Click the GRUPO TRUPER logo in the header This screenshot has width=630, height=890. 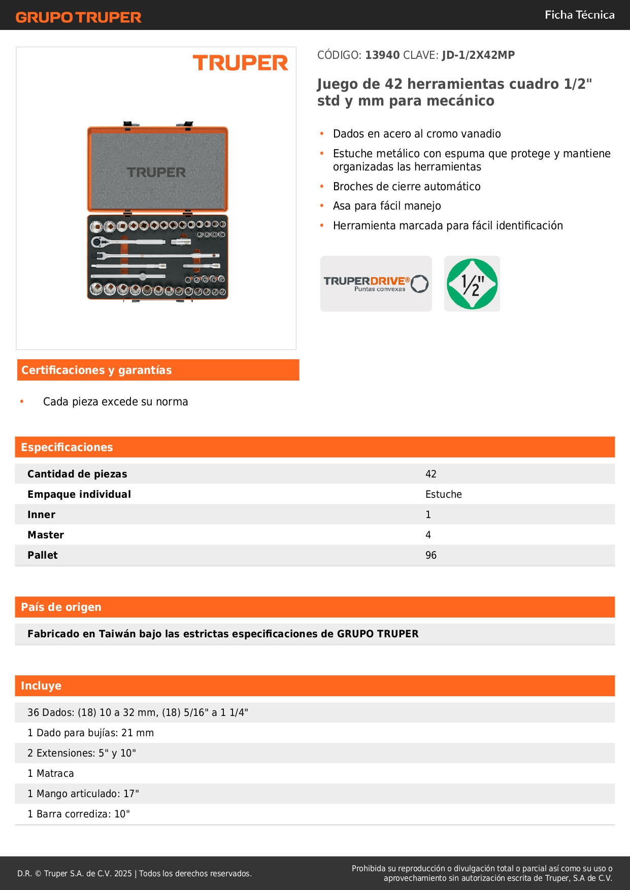point(78,17)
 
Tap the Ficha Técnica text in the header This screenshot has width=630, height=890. point(579,15)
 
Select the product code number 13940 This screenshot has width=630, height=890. point(382,55)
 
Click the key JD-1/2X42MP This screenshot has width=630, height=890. point(478,55)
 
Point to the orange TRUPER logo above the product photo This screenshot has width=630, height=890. point(240,63)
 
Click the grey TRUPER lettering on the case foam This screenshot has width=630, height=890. point(156,173)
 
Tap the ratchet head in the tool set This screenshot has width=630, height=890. point(97,242)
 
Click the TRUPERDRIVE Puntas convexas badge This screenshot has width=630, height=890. point(376,284)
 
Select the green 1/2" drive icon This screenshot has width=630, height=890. point(472,284)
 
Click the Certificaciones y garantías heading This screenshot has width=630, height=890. point(96,370)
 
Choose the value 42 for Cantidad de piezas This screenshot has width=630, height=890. point(431,474)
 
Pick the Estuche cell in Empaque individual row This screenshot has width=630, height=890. point(444,494)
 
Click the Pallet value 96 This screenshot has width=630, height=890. point(431,555)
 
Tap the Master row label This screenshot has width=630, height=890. point(46,535)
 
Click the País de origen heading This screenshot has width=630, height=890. point(61,607)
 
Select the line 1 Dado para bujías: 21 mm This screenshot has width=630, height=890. point(90,733)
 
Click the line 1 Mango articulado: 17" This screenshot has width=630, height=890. point(83,794)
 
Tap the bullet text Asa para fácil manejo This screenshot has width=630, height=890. point(387,206)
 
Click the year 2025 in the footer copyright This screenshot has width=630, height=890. point(123,873)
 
